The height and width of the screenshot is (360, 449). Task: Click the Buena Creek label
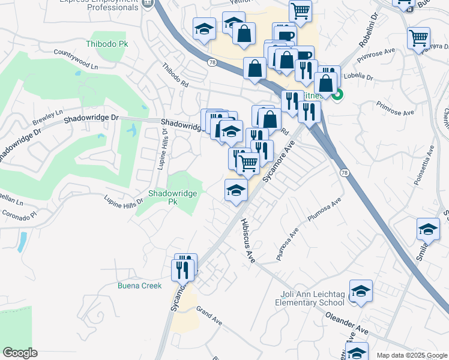pyautogui.click(x=139, y=286)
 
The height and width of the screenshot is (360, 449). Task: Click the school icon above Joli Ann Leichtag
pyautogui.click(x=360, y=291)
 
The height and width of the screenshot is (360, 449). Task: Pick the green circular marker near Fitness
pyautogui.click(x=337, y=94)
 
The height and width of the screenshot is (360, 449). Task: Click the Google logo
pyautogui.click(x=20, y=353)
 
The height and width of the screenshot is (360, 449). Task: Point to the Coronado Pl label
pyautogui.click(x=19, y=213)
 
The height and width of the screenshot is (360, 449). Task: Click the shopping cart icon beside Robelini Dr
pyautogui.click(x=418, y=38)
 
